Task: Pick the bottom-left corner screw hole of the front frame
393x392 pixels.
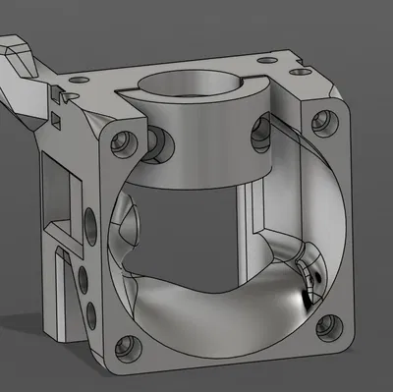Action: pyautogui.click(x=124, y=345)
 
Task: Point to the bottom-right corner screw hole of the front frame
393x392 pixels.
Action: pyautogui.click(x=326, y=330)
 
